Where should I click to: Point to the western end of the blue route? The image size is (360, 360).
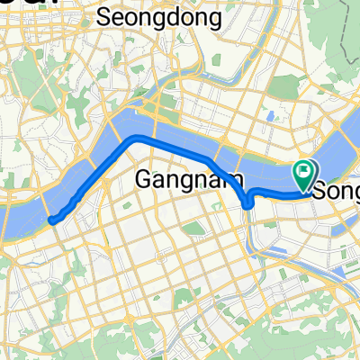52,219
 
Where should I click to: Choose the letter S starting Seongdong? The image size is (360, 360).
103,16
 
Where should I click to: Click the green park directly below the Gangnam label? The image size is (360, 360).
193,229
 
